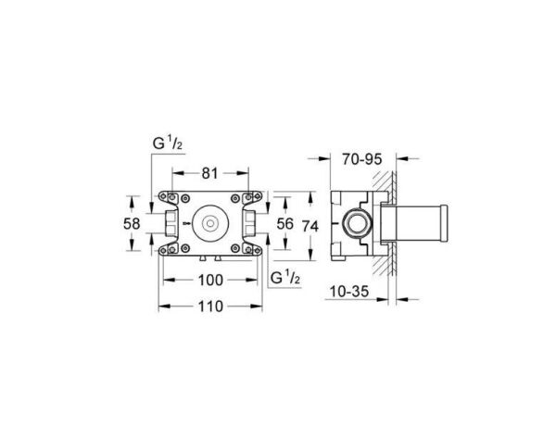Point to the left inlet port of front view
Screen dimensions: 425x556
(x=171, y=223)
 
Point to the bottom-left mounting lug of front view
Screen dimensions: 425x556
(x=166, y=250)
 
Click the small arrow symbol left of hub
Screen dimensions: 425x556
(x=187, y=223)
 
